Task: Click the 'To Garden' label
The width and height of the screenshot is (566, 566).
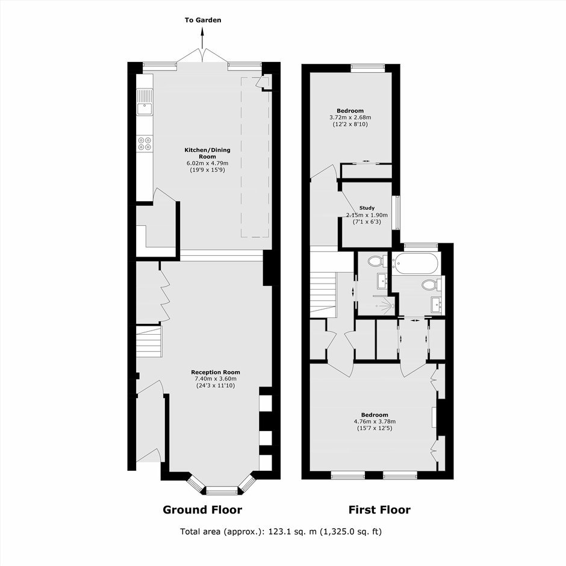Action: coord(203,20)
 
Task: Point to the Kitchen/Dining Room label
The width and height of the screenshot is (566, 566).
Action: coord(207,153)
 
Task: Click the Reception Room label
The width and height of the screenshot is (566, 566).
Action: coord(216,372)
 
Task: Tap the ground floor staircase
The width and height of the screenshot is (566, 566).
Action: coord(149,341)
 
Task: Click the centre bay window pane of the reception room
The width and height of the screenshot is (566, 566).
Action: coord(222,490)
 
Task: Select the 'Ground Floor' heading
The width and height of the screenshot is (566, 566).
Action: coord(202,509)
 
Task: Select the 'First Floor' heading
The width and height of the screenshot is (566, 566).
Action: coord(379,509)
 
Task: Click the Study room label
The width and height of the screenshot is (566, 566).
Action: coord(367,208)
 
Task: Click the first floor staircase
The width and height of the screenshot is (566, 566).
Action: coord(323,293)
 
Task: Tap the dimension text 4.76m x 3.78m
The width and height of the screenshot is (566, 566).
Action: coord(375,421)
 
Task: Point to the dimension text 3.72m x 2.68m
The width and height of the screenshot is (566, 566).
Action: coord(350,117)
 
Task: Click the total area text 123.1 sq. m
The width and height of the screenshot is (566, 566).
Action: coord(292,531)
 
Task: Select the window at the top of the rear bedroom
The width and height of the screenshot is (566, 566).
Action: coord(368,66)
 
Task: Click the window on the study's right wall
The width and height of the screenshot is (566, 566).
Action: coord(397,213)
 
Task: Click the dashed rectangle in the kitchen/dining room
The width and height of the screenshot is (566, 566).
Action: coord(255,157)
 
